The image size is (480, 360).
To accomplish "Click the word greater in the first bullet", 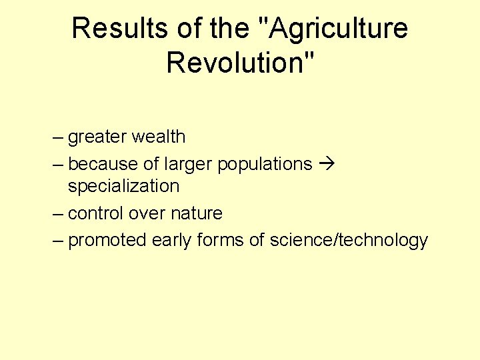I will (x=97, y=137).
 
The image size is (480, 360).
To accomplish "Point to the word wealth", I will (x=159, y=137).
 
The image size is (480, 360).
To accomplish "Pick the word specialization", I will (x=123, y=186).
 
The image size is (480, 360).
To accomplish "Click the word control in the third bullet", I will (x=95, y=214).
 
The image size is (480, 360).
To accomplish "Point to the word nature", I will (x=196, y=214).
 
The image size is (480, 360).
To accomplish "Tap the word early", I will (x=171, y=241).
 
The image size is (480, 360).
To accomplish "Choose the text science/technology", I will (x=349, y=241).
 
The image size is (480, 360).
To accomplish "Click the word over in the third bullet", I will (x=146, y=214).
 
